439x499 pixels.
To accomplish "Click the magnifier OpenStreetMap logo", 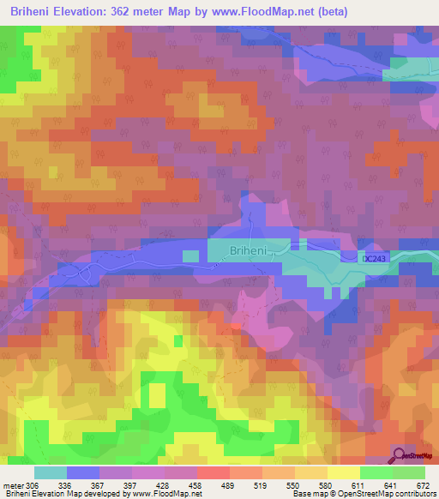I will tap(399, 455).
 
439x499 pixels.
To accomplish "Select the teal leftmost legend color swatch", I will tap(51, 472).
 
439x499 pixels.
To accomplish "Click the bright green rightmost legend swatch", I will tap(409, 472).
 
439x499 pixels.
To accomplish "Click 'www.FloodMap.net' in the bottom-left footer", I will tap(167, 495).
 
